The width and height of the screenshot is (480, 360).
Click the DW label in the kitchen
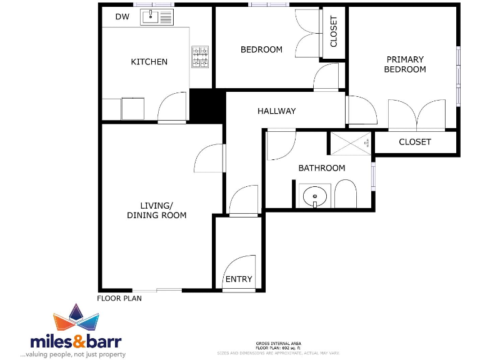point(122,17)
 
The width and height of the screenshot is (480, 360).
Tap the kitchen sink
point(157,17)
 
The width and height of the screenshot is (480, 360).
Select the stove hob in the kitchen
point(200,57)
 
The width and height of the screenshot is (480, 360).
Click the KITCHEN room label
point(149,62)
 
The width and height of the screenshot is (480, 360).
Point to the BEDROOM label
point(261,49)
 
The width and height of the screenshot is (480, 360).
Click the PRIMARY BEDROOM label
point(404,64)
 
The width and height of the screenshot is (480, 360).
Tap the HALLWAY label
point(276,111)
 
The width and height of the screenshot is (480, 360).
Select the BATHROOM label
point(321,168)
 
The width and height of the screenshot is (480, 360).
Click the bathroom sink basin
point(315,196)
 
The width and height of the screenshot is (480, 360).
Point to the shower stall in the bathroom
point(351,142)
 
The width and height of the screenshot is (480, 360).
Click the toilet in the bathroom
point(344,195)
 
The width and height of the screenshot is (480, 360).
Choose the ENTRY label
point(239,279)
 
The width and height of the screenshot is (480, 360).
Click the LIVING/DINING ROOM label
point(156,211)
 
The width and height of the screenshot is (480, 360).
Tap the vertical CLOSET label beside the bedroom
point(334,31)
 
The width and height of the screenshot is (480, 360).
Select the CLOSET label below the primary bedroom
point(414,142)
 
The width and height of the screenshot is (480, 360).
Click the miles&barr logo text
point(76,341)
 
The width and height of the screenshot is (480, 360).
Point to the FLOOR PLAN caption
point(119,298)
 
